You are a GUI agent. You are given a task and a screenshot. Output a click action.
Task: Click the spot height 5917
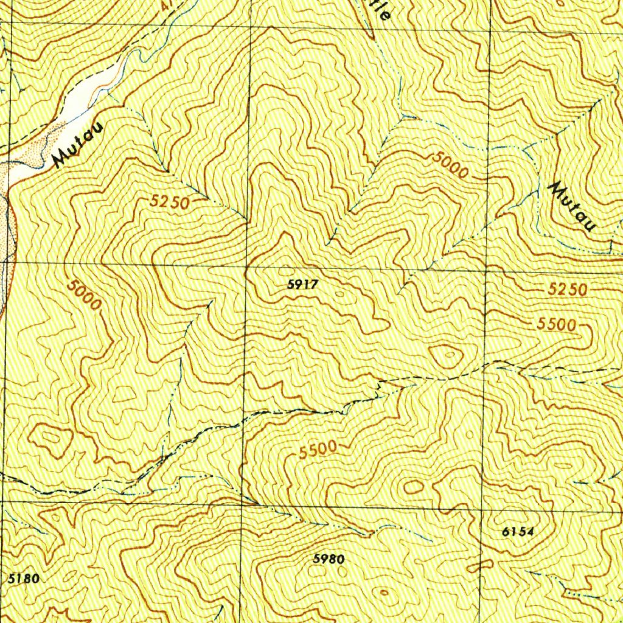point(304,284)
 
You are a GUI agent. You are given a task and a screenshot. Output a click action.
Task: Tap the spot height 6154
point(518,531)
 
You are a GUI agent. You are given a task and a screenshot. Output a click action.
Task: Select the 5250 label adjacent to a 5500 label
point(567,290)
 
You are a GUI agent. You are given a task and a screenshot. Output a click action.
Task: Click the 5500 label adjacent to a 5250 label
point(556,325)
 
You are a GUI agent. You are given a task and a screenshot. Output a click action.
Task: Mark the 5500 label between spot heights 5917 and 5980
point(318,450)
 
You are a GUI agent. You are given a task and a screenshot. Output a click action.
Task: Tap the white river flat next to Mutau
point(91,97)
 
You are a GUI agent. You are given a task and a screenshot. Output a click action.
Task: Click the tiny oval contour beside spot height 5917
point(339,294)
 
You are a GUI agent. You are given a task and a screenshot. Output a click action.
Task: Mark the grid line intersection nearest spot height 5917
point(246,266)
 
